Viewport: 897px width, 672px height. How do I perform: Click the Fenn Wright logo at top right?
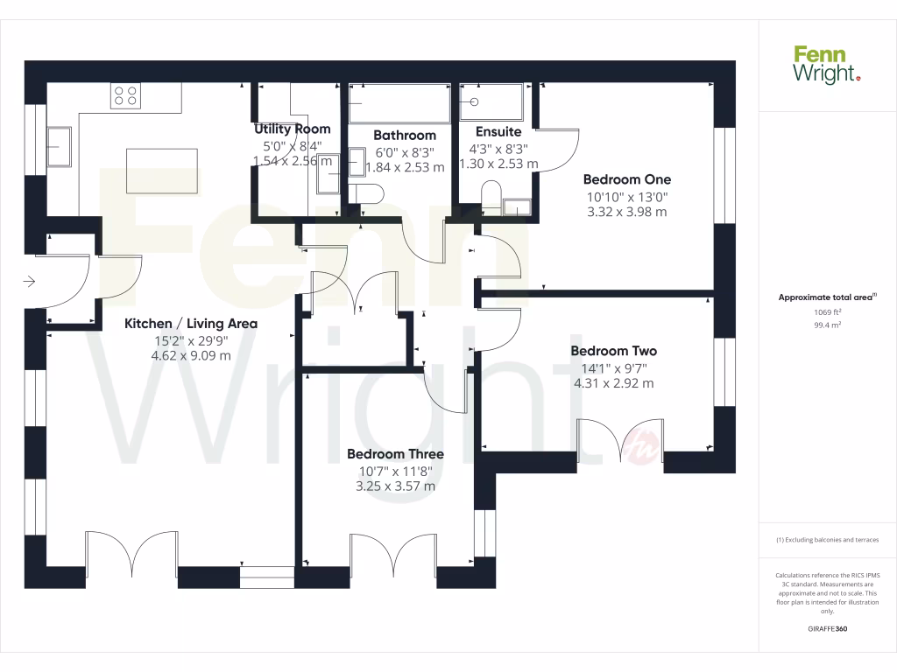click(x=827, y=65)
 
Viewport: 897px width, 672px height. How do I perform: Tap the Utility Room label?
click(x=292, y=129)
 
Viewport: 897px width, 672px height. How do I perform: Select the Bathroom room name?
click(x=404, y=135)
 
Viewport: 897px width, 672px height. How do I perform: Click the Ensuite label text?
click(x=498, y=131)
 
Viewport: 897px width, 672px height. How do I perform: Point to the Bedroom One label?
click(x=627, y=179)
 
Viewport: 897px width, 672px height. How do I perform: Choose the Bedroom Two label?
click(x=613, y=351)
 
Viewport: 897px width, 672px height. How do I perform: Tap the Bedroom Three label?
click(x=395, y=454)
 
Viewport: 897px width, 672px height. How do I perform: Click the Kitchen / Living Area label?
click(x=191, y=323)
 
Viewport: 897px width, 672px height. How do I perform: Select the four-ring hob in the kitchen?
click(x=126, y=95)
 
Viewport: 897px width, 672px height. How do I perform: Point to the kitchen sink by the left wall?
click(x=60, y=145)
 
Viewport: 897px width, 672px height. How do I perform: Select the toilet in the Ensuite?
click(x=491, y=197)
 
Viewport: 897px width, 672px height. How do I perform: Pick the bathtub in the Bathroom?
click(x=399, y=104)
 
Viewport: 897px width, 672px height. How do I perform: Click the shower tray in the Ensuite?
click(x=491, y=102)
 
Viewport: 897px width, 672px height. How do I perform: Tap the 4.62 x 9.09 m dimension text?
click(x=191, y=355)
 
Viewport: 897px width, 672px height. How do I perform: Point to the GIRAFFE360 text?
click(x=827, y=629)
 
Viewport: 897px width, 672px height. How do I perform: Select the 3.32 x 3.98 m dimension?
click(x=627, y=212)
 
